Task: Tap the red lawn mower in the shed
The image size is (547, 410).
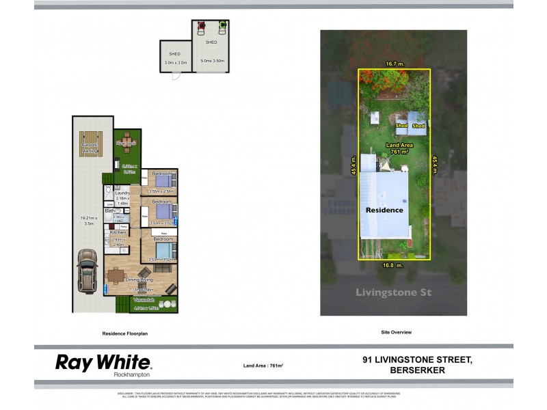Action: click(x=202, y=28)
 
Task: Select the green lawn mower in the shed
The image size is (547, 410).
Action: click(x=222, y=28)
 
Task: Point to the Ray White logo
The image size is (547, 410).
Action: click(x=103, y=363)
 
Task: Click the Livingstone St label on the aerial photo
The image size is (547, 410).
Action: click(x=393, y=292)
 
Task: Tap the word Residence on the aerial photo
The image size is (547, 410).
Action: click(x=384, y=210)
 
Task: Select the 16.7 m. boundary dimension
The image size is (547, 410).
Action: click(x=395, y=64)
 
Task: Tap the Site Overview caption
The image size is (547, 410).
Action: click(x=396, y=332)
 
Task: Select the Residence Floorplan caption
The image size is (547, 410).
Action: click(x=125, y=333)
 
